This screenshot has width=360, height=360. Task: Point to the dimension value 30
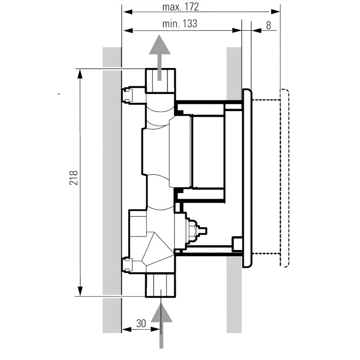click(141, 324)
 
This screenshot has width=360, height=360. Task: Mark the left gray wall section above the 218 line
click(111, 57)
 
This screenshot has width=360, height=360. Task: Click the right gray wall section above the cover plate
click(234, 68)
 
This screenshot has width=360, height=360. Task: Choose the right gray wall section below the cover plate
click(234, 299)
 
